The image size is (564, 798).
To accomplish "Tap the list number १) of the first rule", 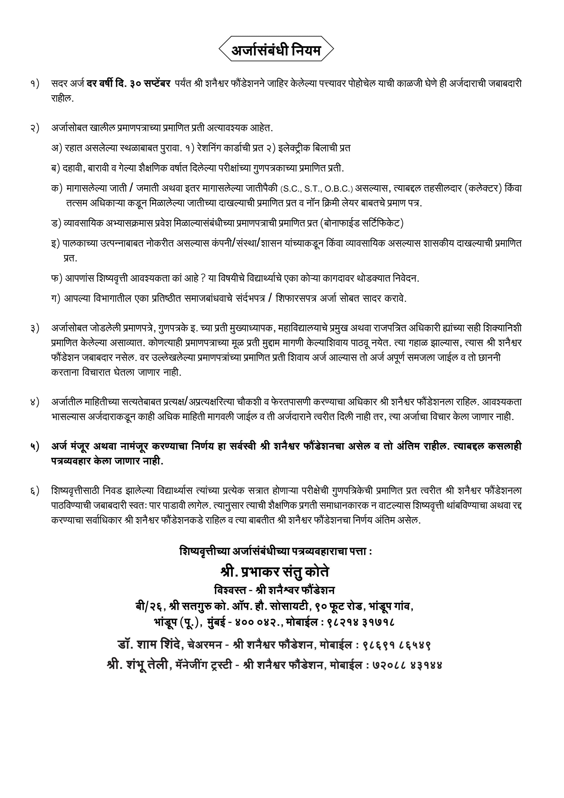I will point(35,84).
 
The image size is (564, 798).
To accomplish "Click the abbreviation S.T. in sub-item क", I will point(313,189).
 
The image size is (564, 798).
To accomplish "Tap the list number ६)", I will point(35,491).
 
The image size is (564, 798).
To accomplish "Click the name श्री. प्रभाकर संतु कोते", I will point(274,572).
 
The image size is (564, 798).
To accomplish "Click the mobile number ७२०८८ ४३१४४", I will point(408,665).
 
